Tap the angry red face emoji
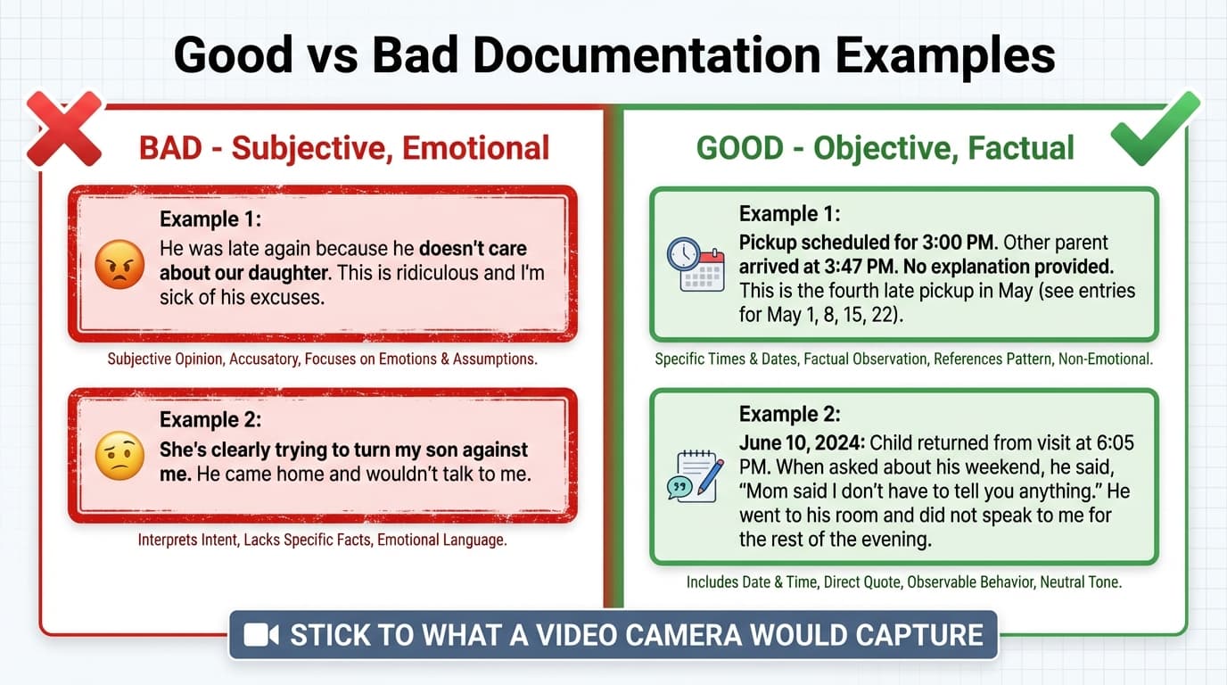119,265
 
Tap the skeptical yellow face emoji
119,456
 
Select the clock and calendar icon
696,264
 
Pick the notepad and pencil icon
695,475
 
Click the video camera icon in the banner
261,635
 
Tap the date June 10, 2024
801,443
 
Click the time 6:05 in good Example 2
1109,443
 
